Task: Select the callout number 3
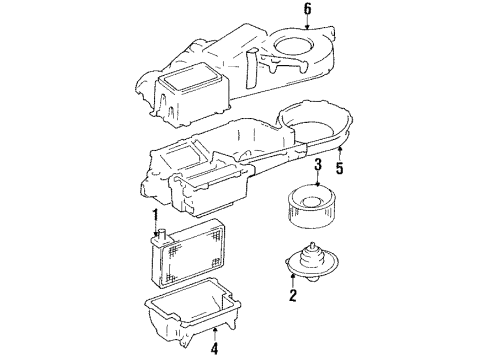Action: tap(316, 165)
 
